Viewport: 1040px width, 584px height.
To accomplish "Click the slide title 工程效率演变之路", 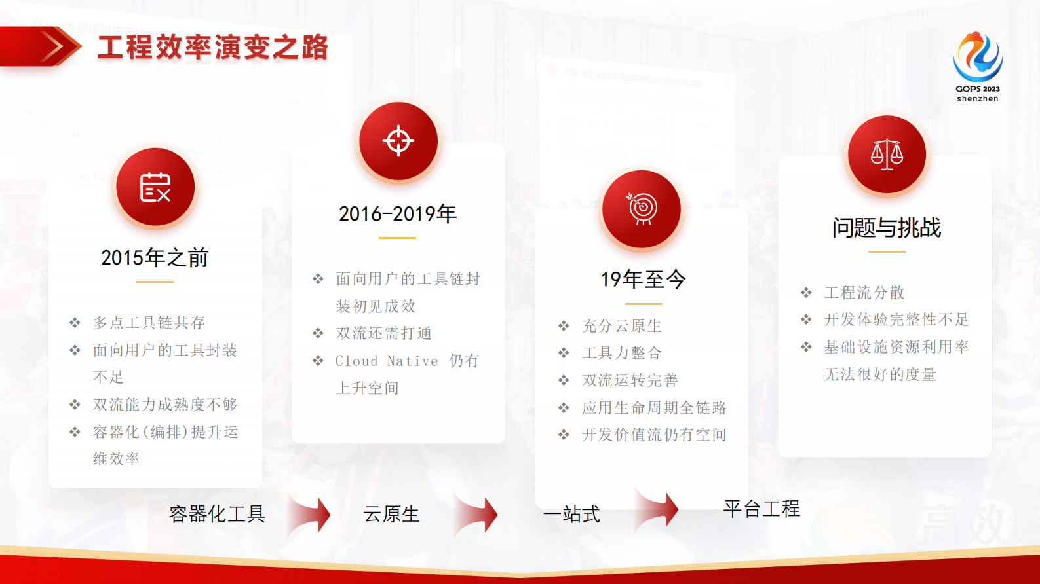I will pos(212,47).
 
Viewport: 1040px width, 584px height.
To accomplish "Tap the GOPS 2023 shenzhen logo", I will pos(977,65).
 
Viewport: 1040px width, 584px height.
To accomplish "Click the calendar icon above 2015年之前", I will pos(155,187).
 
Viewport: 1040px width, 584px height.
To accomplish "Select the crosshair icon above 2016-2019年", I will pos(398,141).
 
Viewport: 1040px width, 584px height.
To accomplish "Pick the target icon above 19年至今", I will pos(642,209).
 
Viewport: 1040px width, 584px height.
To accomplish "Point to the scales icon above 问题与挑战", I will pos(887,155).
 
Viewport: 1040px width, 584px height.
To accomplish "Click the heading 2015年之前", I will pos(155,258).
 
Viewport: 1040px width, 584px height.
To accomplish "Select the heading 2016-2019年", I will pos(398,214).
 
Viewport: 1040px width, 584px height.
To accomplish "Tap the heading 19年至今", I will pos(643,280).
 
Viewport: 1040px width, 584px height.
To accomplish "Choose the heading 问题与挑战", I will pos(887,228).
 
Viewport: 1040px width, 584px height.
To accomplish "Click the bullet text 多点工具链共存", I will pos(149,323).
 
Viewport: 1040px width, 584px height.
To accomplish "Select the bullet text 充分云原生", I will pos(622,326).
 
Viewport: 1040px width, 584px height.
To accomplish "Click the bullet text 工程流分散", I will pos(864,293).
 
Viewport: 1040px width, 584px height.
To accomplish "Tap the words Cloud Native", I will pos(387,361).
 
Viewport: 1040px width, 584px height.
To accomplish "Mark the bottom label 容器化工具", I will pos(217,514).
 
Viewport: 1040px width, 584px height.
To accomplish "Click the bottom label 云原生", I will pos(391,514).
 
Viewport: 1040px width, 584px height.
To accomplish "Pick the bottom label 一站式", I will pos(571,514).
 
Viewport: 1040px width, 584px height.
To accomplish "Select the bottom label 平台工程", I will pos(761,509).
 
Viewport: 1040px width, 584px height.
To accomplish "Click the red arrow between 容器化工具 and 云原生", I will pos(311,514).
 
